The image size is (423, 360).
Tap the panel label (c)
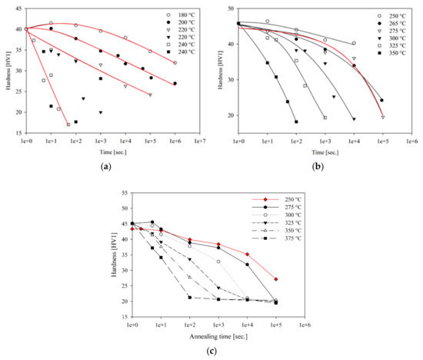click(210, 352)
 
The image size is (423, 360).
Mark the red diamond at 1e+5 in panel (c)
click(275, 279)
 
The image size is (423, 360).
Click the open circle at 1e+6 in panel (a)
click(175, 63)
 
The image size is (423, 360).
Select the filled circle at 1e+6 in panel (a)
click(175, 84)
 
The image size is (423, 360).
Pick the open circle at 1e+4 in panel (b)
click(354, 43)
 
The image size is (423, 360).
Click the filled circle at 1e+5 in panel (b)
click(382, 100)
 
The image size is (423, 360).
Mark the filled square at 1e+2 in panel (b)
click(296, 122)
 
